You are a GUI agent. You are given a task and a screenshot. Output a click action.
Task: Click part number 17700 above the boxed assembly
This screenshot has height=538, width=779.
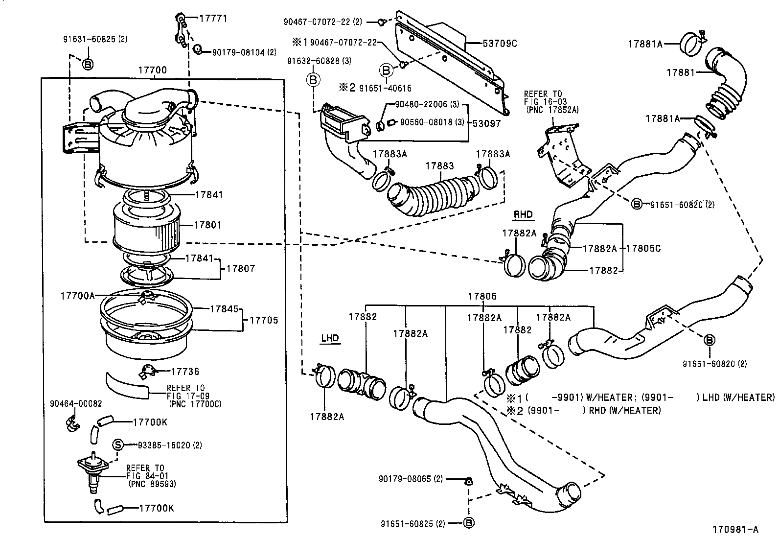pyautogui.click(x=152, y=70)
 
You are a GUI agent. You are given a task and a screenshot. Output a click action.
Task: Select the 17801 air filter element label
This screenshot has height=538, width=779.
pyautogui.click(x=207, y=225)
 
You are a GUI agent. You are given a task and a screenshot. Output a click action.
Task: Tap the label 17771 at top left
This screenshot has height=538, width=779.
pyautogui.click(x=213, y=19)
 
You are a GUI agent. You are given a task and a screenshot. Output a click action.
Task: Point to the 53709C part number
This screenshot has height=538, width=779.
pyautogui.click(x=500, y=44)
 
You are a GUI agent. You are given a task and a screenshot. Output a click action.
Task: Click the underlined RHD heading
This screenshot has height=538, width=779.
pyautogui.click(x=523, y=214)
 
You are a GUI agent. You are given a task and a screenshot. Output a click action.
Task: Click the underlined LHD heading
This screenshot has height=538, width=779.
pyautogui.click(x=330, y=338)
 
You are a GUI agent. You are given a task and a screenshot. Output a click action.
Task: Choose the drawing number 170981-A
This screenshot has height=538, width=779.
pyautogui.click(x=735, y=529)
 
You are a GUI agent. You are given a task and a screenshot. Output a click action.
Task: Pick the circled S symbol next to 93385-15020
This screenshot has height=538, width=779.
pyautogui.click(x=118, y=444)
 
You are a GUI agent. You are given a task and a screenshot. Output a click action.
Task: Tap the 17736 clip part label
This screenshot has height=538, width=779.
pyautogui.click(x=185, y=372)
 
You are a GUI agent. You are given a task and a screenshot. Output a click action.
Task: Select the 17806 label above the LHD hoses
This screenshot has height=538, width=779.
pyautogui.click(x=482, y=296)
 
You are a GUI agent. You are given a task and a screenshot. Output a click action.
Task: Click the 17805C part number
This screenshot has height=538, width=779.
pyautogui.click(x=643, y=249)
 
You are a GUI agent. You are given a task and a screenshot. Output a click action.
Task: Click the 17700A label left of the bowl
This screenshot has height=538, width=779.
pyautogui.click(x=77, y=296)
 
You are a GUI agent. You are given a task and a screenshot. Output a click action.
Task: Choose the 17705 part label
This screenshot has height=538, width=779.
pyautogui.click(x=264, y=320)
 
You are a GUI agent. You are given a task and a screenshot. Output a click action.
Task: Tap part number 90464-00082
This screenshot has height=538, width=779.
pyautogui.click(x=76, y=403)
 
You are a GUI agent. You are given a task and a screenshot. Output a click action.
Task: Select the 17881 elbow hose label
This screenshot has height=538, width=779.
pyautogui.click(x=680, y=72)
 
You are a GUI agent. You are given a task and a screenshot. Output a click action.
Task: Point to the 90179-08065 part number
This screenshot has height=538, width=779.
pyautogui.click(x=411, y=478)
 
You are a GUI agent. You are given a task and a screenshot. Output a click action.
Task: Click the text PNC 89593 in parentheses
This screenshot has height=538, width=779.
pyautogui.click(x=152, y=484)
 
